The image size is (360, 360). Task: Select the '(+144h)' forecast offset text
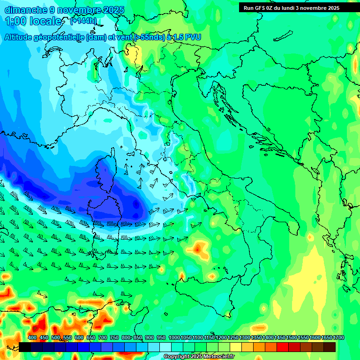(x=83, y=21)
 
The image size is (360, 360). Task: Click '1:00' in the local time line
(x=15, y=21)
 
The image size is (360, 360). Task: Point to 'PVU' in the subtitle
(x=193, y=37)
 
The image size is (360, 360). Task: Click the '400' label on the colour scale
(x=32, y=337)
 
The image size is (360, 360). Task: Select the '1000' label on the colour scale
(x=174, y=337)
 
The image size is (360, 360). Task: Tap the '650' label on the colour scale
(x=90, y=337)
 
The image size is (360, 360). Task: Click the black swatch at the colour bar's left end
(x=25, y=347)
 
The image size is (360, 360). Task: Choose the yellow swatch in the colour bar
(x=236, y=347)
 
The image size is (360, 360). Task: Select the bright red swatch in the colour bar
(x=283, y=347)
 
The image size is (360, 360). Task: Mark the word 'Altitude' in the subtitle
(x=21, y=37)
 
